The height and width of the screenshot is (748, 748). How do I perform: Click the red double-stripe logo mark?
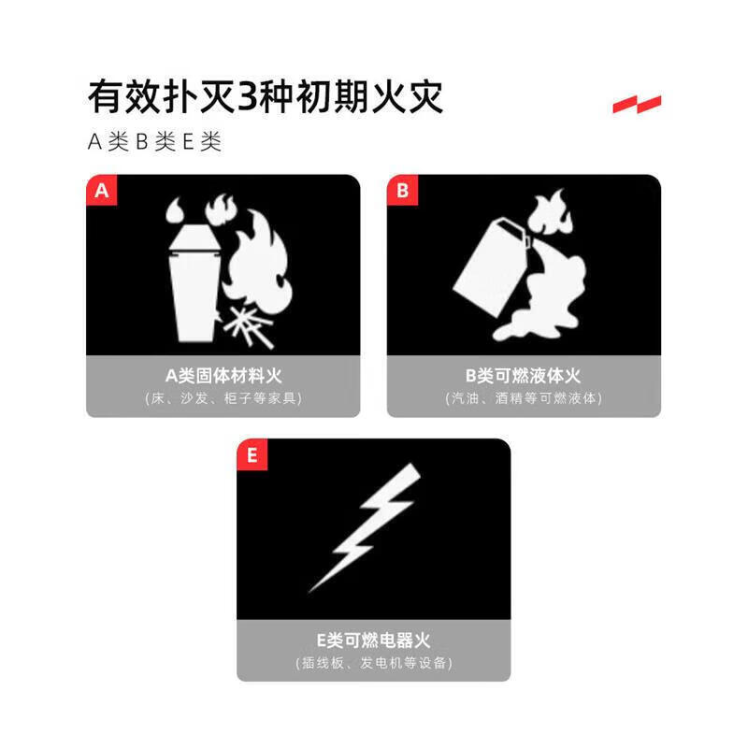[637, 104]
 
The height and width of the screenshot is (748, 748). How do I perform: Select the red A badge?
[102, 191]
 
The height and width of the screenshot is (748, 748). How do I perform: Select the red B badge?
[402, 191]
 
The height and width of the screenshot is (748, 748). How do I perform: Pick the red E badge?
[252, 455]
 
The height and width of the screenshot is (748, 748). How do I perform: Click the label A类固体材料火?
[223, 376]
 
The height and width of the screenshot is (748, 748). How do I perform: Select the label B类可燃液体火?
[523, 376]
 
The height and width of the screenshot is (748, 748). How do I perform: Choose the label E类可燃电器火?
[373, 640]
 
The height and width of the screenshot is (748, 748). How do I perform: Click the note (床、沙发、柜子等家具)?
[223, 398]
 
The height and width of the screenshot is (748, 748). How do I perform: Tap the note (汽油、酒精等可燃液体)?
[523, 398]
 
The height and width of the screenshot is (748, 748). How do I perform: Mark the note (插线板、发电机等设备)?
[373, 663]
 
